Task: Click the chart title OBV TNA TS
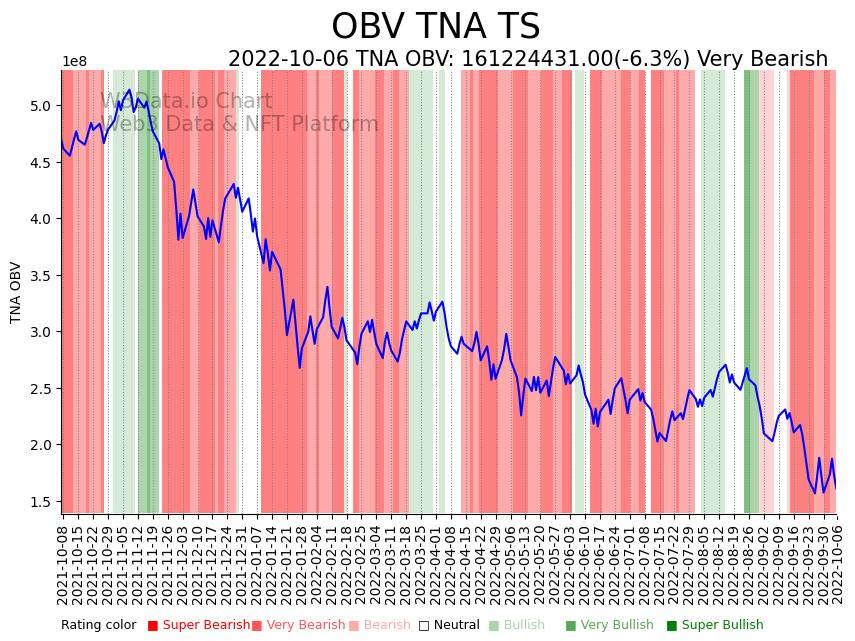click(435, 27)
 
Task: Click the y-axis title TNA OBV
click(16, 292)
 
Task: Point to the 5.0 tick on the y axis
click(42, 106)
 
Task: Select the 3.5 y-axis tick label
click(42, 276)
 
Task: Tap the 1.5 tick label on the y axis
click(42, 502)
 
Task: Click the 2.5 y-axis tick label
click(42, 389)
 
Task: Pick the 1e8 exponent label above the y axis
click(75, 62)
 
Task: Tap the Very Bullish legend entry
click(608, 625)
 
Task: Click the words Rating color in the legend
click(98, 625)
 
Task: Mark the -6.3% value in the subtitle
click(655, 60)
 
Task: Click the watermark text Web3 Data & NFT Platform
click(239, 124)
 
